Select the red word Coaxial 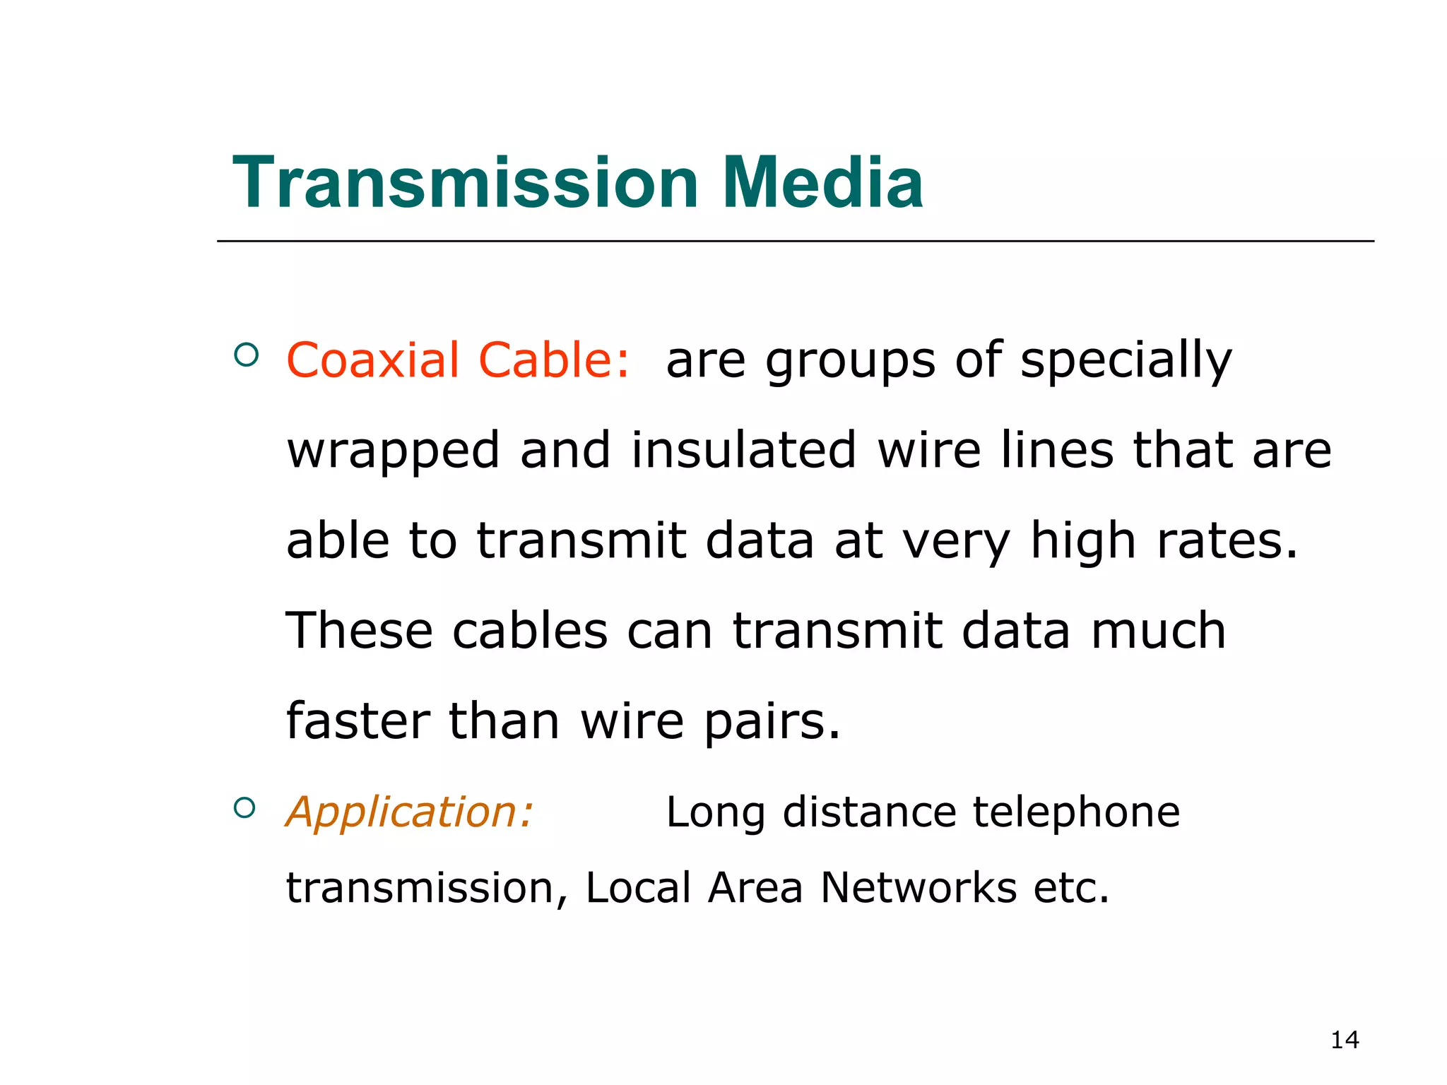tap(372, 360)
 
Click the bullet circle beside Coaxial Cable tap(245, 354)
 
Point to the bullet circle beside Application tap(244, 807)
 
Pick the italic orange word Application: tap(409, 812)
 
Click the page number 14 tap(1345, 1040)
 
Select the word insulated tap(743, 450)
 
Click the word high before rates tap(1082, 541)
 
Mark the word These tap(358, 630)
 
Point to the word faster tap(358, 721)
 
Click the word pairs tap(772, 722)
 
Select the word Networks tap(919, 887)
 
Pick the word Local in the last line tap(638, 887)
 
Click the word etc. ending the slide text tap(1071, 887)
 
